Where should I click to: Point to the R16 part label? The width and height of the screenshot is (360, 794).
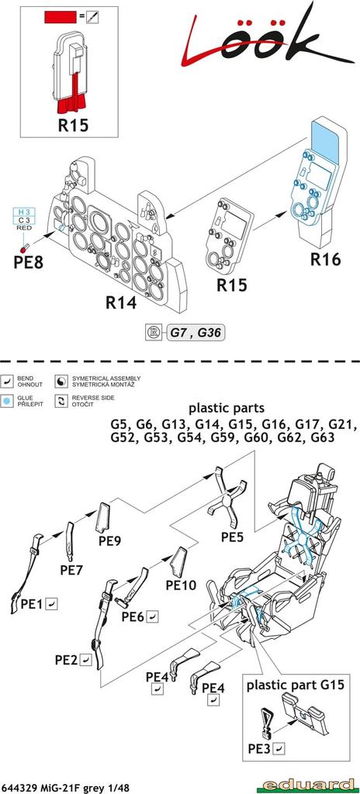coord(325,260)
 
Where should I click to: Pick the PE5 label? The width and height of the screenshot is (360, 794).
coord(232,537)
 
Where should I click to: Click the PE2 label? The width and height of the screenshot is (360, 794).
coord(67,660)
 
